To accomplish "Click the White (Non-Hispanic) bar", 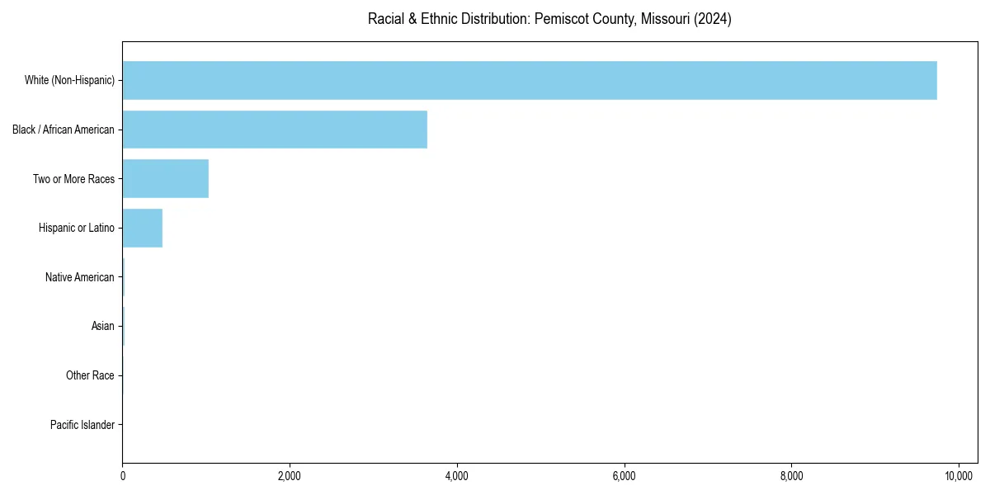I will [529, 80].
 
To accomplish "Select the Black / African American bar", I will [275, 130].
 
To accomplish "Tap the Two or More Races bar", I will [165, 179].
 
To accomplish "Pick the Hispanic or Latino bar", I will [142, 228].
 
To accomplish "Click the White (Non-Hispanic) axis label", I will [69, 80].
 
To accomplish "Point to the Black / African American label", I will [64, 130].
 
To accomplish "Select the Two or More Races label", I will [73, 179].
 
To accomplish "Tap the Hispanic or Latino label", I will [77, 228].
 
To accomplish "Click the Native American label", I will [80, 277].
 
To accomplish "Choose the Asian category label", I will [103, 327].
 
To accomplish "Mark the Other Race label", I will [90, 375].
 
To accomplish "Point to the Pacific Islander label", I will [82, 425].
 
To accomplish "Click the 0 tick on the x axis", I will [122, 476].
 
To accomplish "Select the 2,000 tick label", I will [290, 476].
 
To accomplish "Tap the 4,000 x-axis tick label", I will [456, 476].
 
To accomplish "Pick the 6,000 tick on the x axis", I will [624, 476].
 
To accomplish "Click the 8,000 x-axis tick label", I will [791, 476].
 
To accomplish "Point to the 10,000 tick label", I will [958, 476].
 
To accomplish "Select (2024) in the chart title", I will [713, 19].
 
